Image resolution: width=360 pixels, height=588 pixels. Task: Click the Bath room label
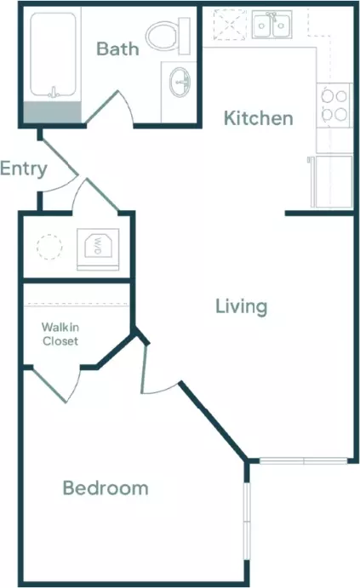117,49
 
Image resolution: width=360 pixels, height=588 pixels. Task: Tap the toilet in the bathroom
169,36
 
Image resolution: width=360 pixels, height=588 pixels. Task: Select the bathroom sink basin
180,83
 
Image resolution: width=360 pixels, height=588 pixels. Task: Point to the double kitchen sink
271,25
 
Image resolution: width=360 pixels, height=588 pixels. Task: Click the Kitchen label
259,118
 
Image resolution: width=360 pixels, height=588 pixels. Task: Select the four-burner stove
334,106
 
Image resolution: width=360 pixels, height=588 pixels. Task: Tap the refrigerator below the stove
331,181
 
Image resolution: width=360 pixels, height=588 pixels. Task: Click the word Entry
23,168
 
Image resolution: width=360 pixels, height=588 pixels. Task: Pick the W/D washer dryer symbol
98,247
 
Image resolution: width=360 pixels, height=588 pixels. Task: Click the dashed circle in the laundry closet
49,247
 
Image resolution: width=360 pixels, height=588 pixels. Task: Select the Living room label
242,306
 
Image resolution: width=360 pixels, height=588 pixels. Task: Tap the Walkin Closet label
60,334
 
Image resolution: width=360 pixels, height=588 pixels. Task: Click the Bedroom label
106,488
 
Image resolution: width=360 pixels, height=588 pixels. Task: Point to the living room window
303,460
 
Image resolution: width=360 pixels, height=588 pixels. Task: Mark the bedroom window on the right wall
246,522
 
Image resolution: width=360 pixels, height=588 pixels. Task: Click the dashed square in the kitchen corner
231,25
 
